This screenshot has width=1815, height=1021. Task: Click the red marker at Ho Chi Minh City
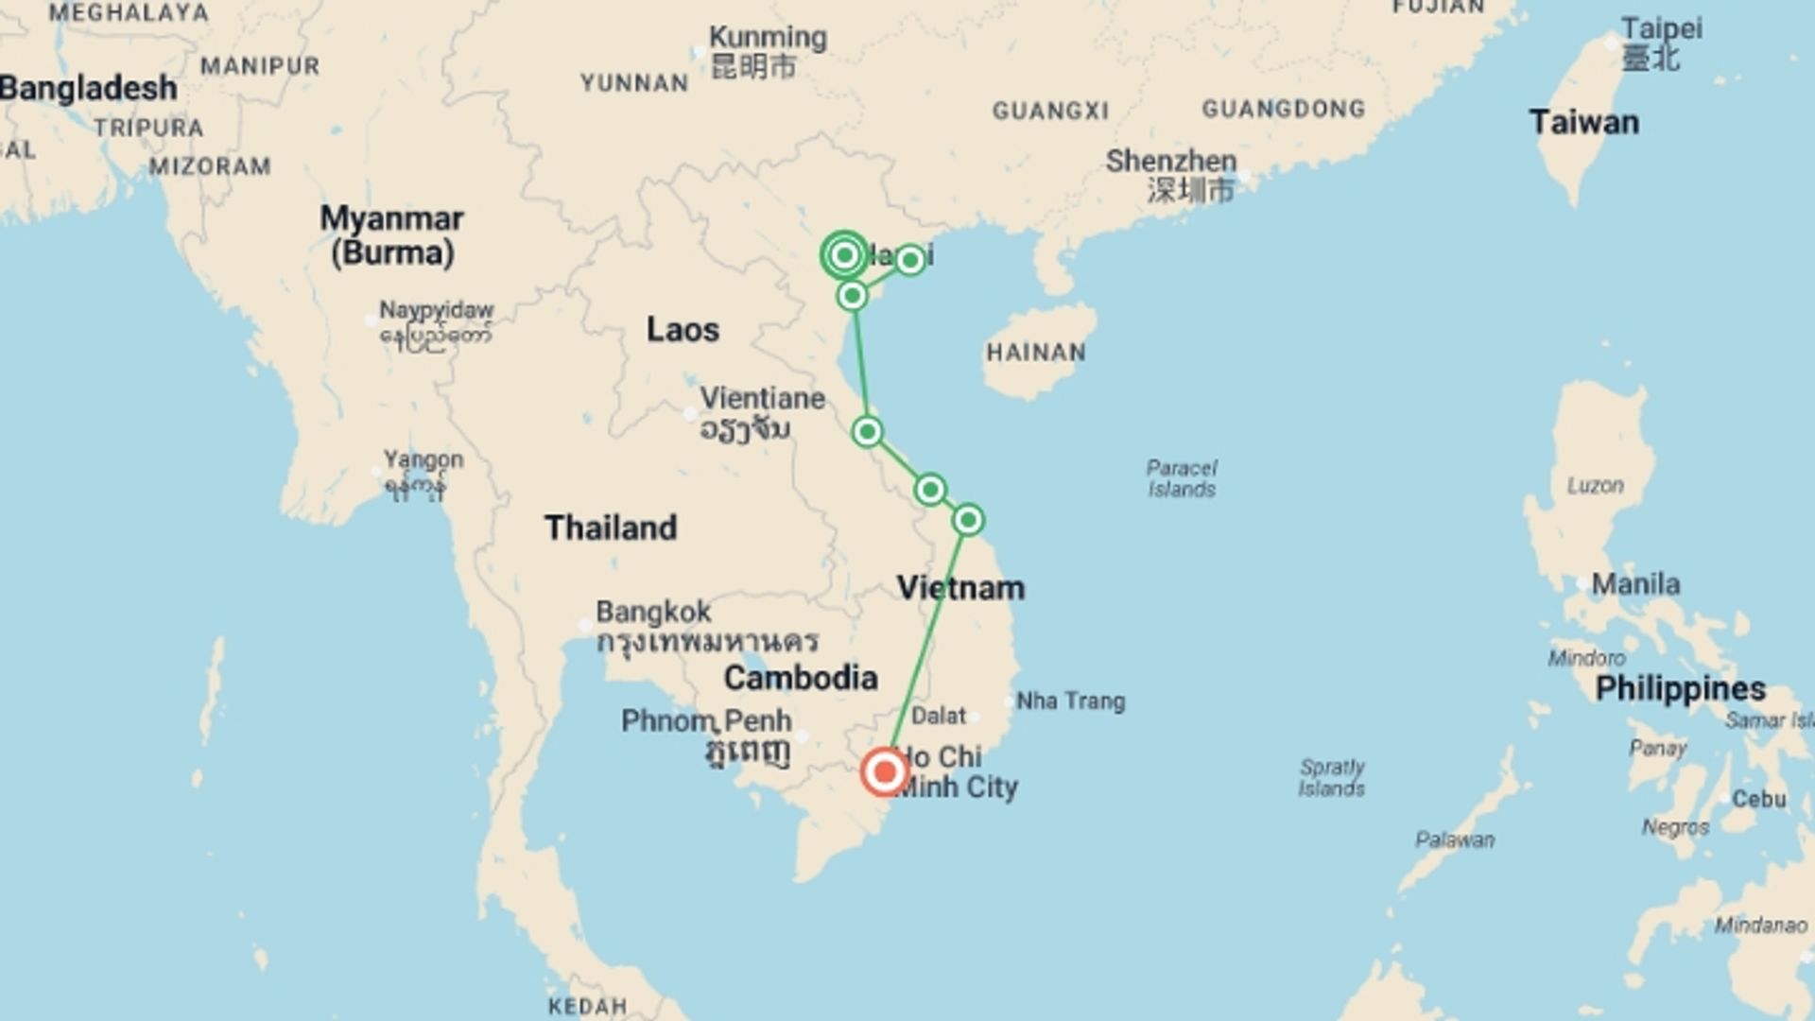click(x=885, y=772)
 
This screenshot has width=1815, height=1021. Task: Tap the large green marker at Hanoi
click(x=844, y=255)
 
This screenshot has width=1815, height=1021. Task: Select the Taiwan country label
click(x=1583, y=123)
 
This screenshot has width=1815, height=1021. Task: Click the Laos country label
click(x=683, y=330)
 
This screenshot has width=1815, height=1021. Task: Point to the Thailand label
click(x=611, y=528)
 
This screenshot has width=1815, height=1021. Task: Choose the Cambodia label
click(x=801, y=678)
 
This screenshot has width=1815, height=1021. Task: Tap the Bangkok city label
click(x=653, y=612)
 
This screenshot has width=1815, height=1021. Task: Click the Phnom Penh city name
click(x=706, y=721)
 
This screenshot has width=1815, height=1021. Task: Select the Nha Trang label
click(x=1070, y=701)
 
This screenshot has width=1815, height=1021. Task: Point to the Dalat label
click(x=939, y=716)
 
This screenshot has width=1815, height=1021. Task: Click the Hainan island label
click(x=1036, y=353)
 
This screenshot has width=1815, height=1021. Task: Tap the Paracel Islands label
click(x=1182, y=478)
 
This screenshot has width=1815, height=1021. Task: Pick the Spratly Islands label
click(x=1331, y=777)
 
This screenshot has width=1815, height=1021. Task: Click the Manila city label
click(x=1635, y=584)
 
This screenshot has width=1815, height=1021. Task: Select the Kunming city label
click(x=768, y=38)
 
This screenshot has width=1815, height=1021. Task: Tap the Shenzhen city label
click(x=1171, y=162)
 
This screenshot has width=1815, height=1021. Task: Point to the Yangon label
click(x=423, y=460)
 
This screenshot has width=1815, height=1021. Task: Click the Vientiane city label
click(x=762, y=399)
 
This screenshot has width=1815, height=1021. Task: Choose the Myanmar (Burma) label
click(x=391, y=235)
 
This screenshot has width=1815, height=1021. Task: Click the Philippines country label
click(x=1680, y=688)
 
